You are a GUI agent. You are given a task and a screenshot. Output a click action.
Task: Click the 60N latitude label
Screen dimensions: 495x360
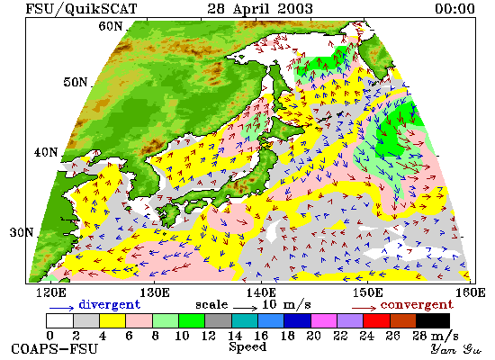click(110, 26)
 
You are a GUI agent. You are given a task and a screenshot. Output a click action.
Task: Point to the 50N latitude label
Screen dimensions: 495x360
click(75, 82)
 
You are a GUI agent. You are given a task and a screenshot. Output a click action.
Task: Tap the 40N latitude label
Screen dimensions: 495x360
click(46, 152)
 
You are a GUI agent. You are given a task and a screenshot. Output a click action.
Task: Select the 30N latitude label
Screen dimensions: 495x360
click(22, 233)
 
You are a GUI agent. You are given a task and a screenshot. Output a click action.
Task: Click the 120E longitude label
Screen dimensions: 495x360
click(51, 292)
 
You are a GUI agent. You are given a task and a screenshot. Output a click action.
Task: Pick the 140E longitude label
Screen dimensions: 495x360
click(261, 292)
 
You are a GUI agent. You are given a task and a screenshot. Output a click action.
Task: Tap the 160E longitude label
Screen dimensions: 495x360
click(471, 292)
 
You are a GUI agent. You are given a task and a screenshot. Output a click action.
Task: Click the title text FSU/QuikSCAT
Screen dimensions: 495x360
click(81, 8)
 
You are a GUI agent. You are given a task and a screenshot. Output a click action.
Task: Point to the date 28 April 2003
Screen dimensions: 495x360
click(260, 8)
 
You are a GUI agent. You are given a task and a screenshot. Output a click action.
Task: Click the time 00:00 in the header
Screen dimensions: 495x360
click(454, 8)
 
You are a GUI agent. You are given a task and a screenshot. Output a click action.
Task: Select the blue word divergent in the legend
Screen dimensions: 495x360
click(109, 304)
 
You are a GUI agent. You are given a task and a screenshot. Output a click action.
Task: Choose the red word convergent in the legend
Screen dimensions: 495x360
click(417, 305)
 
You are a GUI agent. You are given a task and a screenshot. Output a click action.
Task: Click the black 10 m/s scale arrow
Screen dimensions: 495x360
click(246, 307)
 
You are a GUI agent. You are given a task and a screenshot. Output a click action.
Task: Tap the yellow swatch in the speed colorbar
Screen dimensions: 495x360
click(112, 320)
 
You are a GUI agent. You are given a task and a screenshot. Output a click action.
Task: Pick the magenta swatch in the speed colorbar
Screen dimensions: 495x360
click(324, 320)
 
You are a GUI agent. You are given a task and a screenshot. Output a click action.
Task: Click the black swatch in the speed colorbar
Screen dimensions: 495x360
click(433, 320)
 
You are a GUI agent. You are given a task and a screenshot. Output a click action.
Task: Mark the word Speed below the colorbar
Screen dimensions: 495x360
click(247, 347)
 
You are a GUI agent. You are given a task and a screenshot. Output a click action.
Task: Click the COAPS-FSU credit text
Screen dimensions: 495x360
click(54, 349)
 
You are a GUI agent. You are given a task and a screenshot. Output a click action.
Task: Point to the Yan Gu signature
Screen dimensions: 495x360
click(456, 349)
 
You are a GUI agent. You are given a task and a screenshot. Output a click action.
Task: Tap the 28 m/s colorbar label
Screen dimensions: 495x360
click(436, 336)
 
